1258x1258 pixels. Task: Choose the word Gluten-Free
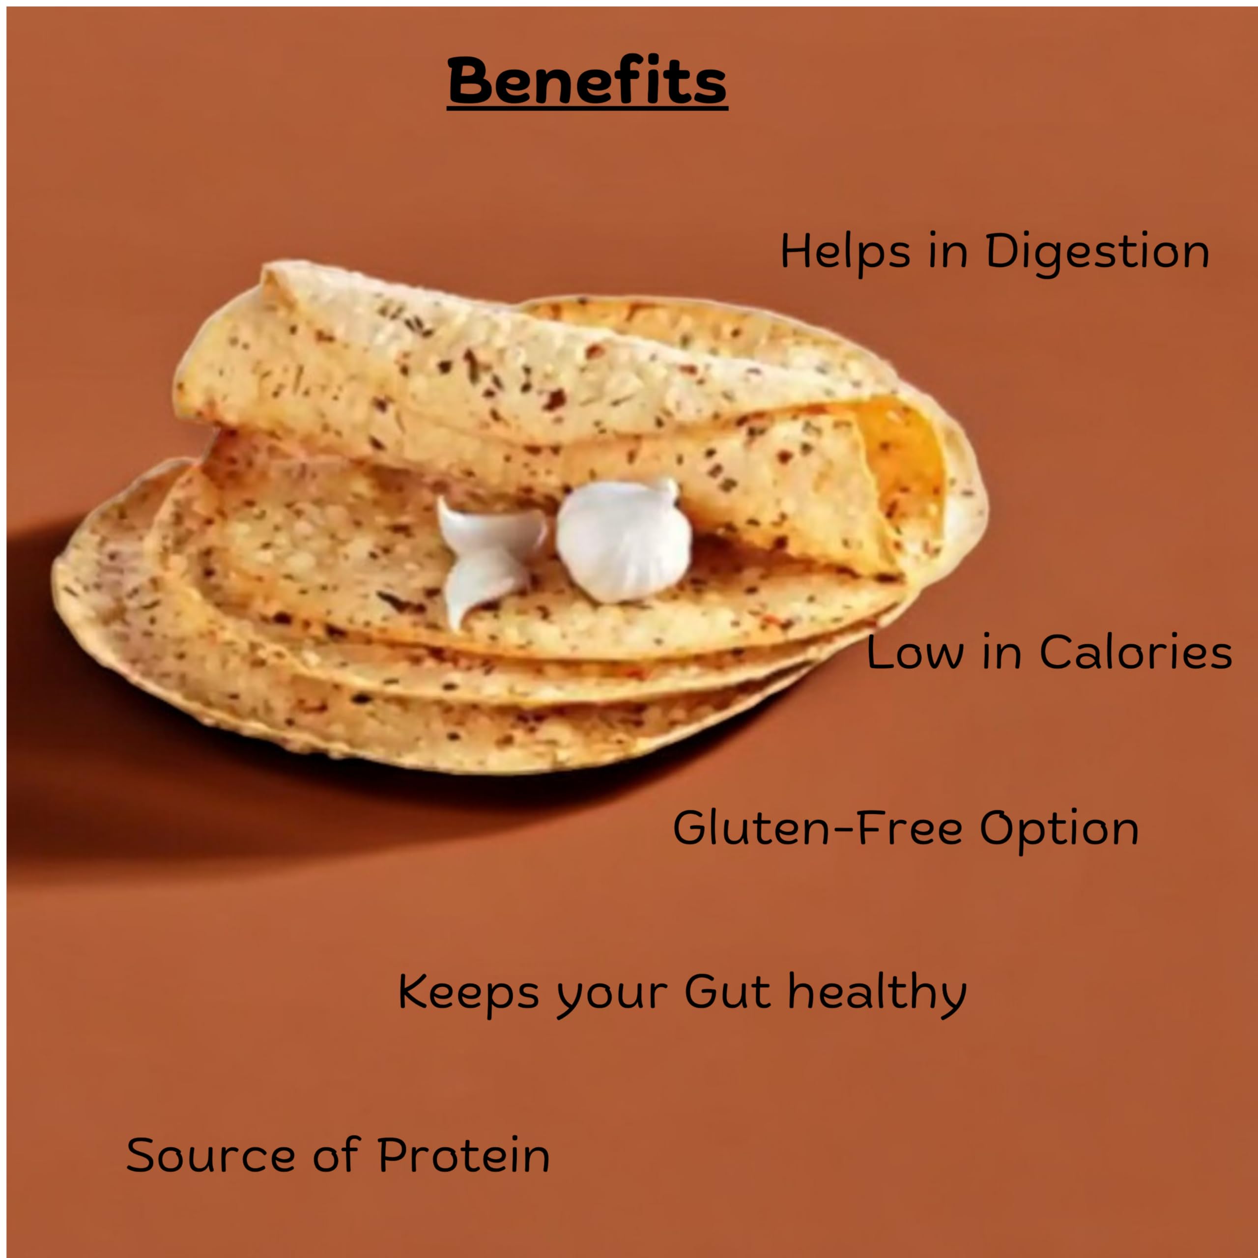coord(817,828)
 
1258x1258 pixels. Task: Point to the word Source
coord(210,1156)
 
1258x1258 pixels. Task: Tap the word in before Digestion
coord(947,252)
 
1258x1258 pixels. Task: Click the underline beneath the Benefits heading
coord(587,109)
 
